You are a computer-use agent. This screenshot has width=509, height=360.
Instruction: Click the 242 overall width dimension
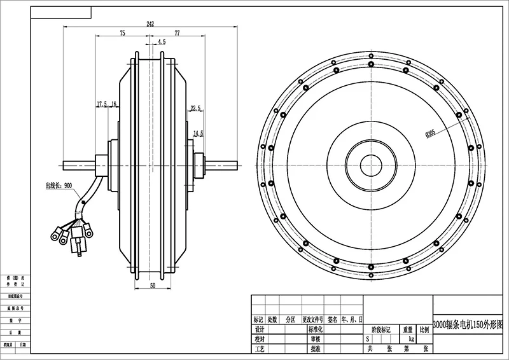[150, 24]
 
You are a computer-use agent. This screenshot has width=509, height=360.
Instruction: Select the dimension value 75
[122, 32]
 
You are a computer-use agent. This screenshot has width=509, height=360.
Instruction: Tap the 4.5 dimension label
[161, 42]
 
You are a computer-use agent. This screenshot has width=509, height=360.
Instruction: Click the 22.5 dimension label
[195, 108]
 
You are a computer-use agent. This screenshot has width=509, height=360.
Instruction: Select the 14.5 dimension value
[198, 134]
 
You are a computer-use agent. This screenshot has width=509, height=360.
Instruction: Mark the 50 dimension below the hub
[153, 286]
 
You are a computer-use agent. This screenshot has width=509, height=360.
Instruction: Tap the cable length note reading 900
[60, 186]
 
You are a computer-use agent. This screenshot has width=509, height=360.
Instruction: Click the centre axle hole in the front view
[370, 166]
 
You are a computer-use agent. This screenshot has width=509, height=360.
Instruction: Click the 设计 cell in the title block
[258, 330]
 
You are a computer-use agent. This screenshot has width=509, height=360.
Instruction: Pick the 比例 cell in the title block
[424, 330]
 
